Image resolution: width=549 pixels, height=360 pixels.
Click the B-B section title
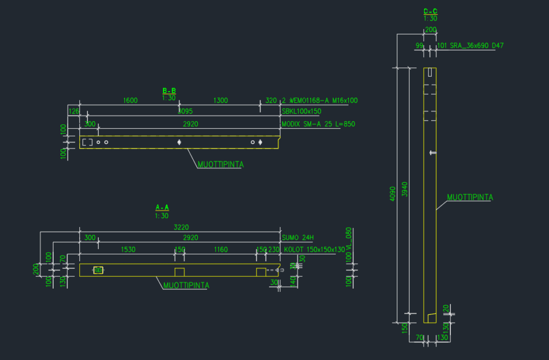[x=169, y=91]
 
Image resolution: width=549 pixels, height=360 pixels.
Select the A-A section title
[x=162, y=207]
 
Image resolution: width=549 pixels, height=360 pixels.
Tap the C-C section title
[x=430, y=11]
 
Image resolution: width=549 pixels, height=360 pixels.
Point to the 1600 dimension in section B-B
[x=130, y=100]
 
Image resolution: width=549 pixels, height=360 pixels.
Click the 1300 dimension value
[x=220, y=100]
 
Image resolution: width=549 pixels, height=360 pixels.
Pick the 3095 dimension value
[x=185, y=112]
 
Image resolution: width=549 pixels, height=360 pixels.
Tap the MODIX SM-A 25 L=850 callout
[x=318, y=124]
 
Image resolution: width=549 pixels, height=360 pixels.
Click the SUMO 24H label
[x=297, y=238]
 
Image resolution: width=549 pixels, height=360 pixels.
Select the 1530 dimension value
[x=129, y=249]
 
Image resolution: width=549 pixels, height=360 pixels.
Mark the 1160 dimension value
[x=220, y=249]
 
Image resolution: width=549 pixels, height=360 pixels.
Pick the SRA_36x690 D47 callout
[x=470, y=46]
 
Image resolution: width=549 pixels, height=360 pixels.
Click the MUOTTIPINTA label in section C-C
[x=470, y=197]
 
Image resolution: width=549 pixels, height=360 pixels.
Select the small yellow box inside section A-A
[x=98, y=270]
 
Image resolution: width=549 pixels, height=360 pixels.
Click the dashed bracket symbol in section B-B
[x=87, y=142]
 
